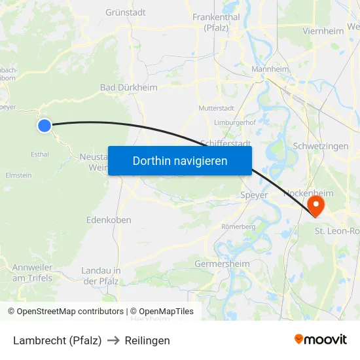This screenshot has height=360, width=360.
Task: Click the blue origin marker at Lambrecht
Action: click(44, 126)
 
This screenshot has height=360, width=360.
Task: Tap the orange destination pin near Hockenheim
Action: click(315, 205)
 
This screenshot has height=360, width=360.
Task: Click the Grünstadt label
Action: click(126, 12)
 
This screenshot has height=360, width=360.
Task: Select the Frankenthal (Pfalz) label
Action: click(216, 22)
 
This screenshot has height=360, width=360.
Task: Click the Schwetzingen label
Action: click(321, 146)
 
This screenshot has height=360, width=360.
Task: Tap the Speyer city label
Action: click(254, 195)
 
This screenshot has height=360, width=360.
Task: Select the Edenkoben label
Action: click(109, 220)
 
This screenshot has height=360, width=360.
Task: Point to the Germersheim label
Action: click(223, 264)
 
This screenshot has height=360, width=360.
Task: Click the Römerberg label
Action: click(238, 226)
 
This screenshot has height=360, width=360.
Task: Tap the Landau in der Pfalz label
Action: click(101, 276)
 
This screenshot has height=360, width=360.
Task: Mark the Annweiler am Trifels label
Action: click(32, 272)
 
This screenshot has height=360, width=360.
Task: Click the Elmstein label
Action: click(18, 175)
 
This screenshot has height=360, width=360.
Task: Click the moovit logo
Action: click(320, 340)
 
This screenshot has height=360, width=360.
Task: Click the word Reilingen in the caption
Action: click(148, 340)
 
